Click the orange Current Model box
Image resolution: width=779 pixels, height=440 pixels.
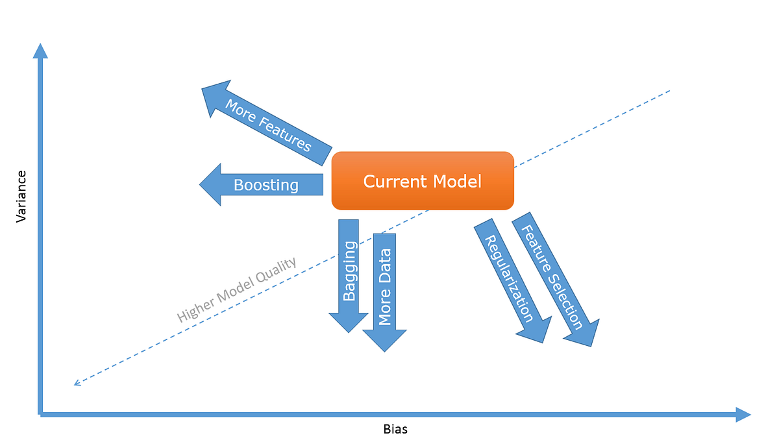[423, 180]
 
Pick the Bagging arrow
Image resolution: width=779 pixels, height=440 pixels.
[349, 273]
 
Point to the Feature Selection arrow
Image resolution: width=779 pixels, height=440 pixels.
[552, 276]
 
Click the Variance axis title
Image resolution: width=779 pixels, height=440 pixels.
[21, 197]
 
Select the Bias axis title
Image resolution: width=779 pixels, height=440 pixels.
[395, 429]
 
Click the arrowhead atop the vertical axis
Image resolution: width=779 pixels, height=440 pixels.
[40, 51]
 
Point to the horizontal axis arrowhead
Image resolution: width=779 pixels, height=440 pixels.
[743, 414]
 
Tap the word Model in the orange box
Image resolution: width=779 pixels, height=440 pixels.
[458, 181]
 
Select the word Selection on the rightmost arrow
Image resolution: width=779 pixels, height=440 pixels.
[563, 300]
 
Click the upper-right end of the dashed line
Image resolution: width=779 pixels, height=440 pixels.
[669, 91]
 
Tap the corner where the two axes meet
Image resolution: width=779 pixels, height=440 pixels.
[41, 413]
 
